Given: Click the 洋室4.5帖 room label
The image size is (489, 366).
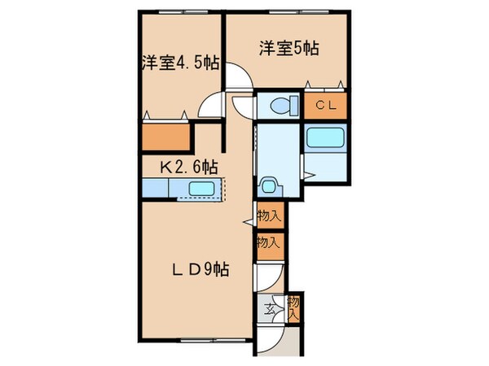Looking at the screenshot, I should point(179,62).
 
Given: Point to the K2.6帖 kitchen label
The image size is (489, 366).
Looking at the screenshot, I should point(187,167).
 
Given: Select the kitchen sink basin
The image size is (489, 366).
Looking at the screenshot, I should point(200,190).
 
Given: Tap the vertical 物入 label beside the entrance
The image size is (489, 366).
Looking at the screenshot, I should point(294,307).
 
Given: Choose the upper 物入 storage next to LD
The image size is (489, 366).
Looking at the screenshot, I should point(269,216).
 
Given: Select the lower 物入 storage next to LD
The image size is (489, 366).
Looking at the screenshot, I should point(269,242).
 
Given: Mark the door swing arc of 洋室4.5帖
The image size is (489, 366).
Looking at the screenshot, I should point(210,107).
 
